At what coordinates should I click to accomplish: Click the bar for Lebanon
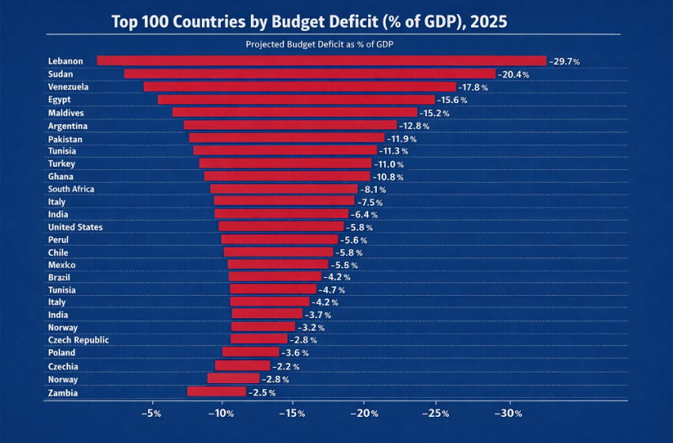321,61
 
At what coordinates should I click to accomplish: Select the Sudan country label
60,74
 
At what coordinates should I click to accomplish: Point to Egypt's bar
296,100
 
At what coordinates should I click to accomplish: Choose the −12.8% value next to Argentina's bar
414,126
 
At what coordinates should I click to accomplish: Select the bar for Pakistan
287,138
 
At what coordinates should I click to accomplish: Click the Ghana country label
60,176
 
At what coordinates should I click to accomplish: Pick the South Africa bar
283,189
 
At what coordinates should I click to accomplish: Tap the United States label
75,227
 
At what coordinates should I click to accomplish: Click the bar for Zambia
216,392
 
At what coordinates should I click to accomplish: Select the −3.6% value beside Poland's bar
295,353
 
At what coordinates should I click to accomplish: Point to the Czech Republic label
78,340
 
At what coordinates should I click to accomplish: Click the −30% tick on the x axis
508,414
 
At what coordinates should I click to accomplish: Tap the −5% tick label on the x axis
151,414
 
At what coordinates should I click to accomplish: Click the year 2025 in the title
485,21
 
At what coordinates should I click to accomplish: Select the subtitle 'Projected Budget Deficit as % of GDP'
320,44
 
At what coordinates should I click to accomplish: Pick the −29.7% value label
565,62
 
